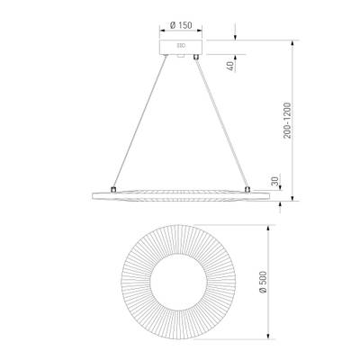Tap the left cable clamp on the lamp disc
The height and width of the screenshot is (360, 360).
(x=112, y=189)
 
